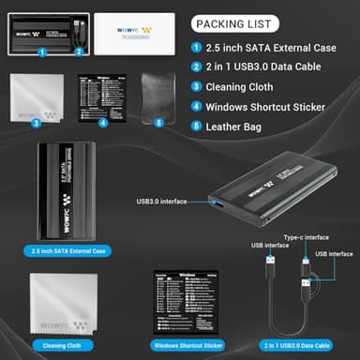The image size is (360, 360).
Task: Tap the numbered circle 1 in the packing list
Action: pyautogui.click(x=197, y=48)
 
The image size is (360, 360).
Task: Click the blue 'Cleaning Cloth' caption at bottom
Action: pyautogui.click(x=59, y=344)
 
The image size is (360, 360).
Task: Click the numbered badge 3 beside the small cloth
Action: pyautogui.click(x=36, y=122)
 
